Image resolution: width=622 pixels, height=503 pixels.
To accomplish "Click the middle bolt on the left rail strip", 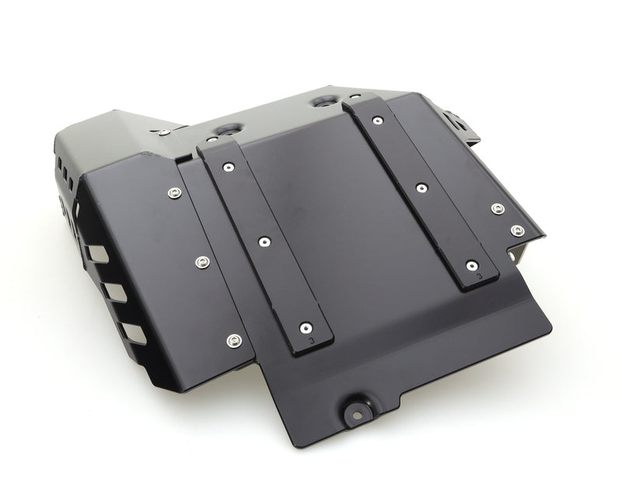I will click(264, 242).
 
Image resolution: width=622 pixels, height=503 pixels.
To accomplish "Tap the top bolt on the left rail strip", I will click(228, 167).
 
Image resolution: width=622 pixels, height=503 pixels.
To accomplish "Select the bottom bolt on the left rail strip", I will click(310, 328).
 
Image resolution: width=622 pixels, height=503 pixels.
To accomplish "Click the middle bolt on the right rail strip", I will click(421, 187).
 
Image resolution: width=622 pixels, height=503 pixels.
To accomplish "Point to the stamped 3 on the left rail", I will click(312, 339).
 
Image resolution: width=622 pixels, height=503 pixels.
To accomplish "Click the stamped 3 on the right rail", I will click(480, 275).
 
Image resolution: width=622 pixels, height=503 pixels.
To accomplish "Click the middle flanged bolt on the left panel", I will click(202, 261).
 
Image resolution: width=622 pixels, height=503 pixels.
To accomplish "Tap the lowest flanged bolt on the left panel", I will click(233, 339).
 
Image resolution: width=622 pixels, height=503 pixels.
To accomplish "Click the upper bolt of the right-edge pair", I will click(497, 209).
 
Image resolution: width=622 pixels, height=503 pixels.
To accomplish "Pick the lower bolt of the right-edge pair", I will click(516, 230).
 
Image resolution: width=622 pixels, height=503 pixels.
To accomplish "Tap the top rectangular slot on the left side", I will click(95, 254).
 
